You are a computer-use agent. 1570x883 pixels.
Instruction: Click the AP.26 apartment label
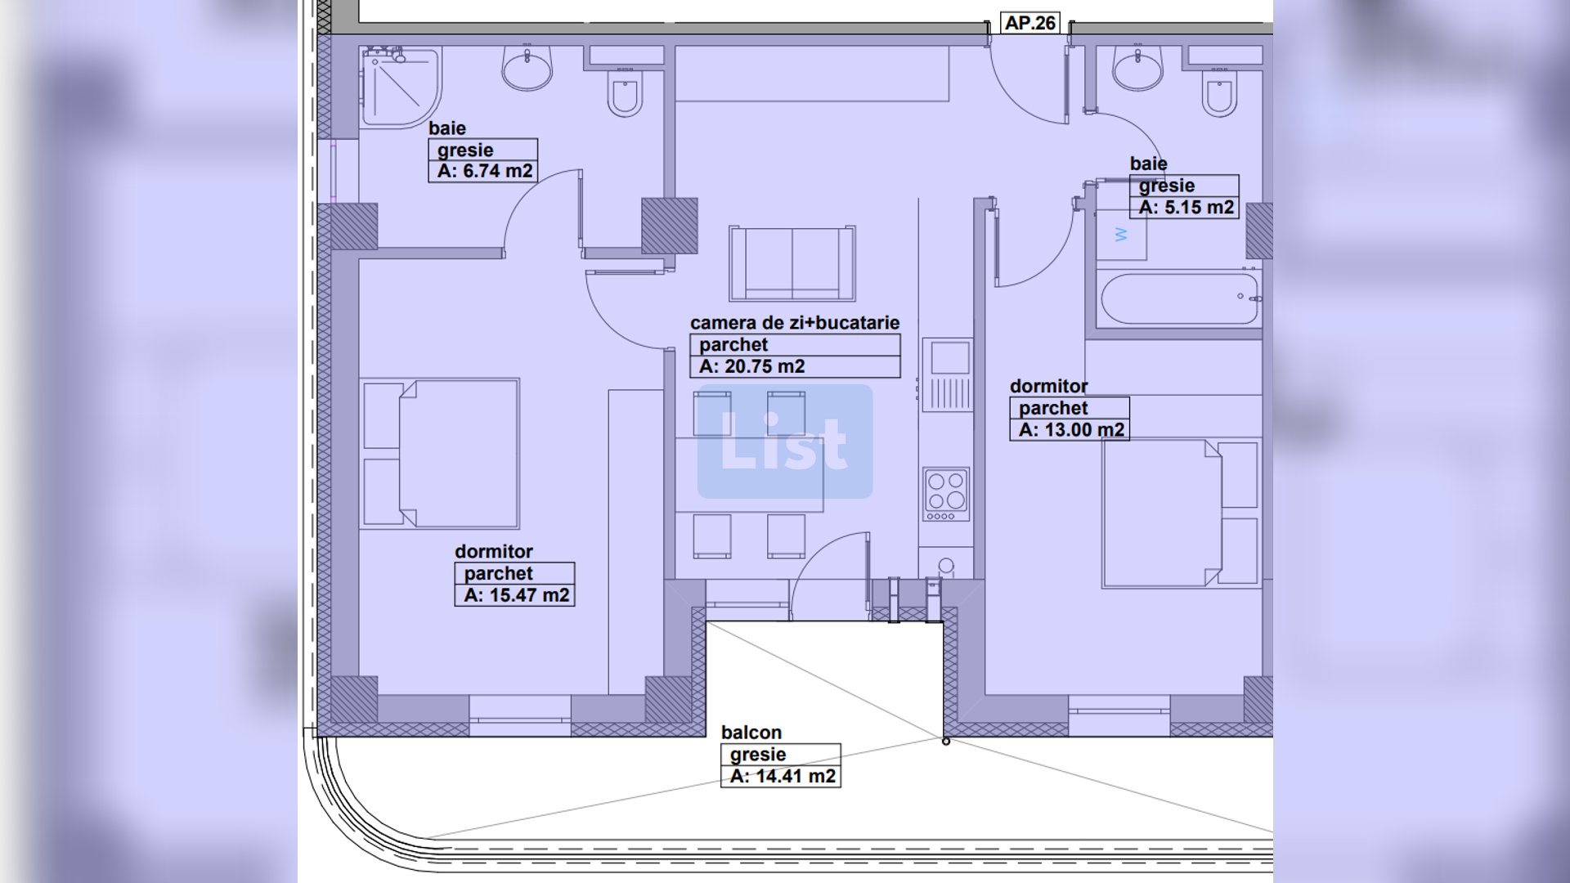1030,23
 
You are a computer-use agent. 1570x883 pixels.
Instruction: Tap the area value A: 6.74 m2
485,171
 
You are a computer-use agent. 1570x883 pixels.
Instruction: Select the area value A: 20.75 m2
752,366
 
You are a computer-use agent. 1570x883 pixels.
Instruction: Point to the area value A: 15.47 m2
516,595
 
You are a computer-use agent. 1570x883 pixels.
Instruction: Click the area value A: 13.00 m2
1071,430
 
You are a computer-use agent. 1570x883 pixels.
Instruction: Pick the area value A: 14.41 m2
783,776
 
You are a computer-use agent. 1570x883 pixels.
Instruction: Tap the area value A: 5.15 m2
1186,208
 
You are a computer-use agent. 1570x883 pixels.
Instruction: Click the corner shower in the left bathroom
401,87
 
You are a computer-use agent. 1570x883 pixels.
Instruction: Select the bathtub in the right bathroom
1178,300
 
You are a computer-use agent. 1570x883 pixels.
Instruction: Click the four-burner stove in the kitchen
946,495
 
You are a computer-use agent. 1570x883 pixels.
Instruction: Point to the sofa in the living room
792,263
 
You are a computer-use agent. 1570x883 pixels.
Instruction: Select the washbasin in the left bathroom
527,67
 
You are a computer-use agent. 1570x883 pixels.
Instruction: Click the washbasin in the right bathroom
1137,67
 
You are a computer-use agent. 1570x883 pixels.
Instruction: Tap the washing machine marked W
1121,235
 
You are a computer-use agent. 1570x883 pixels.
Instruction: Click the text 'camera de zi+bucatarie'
795,323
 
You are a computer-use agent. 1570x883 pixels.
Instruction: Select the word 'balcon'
751,733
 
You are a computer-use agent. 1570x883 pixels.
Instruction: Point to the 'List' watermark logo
785,441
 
